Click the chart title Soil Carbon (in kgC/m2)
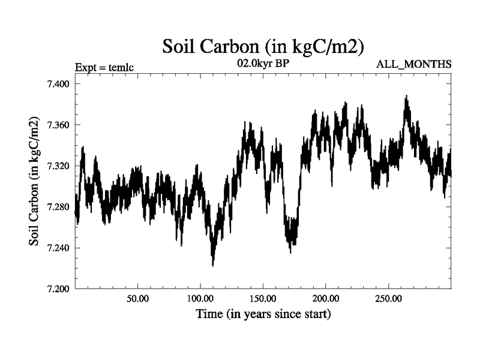[263, 46]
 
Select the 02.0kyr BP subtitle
[263, 62]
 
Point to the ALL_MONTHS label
[413, 64]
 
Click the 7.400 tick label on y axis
[58, 84]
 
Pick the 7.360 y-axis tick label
[58, 125]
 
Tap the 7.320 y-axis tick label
[58, 166]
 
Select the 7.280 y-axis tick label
[58, 207]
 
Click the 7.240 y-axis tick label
[58, 248]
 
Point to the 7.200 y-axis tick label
[58, 289]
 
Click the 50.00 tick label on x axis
[138, 299]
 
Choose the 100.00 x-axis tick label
[200, 299]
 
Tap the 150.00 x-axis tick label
[263, 299]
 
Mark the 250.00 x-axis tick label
[388, 299]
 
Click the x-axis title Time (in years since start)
[263, 314]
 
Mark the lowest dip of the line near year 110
[212, 265]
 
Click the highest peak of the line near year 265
[406, 96]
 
